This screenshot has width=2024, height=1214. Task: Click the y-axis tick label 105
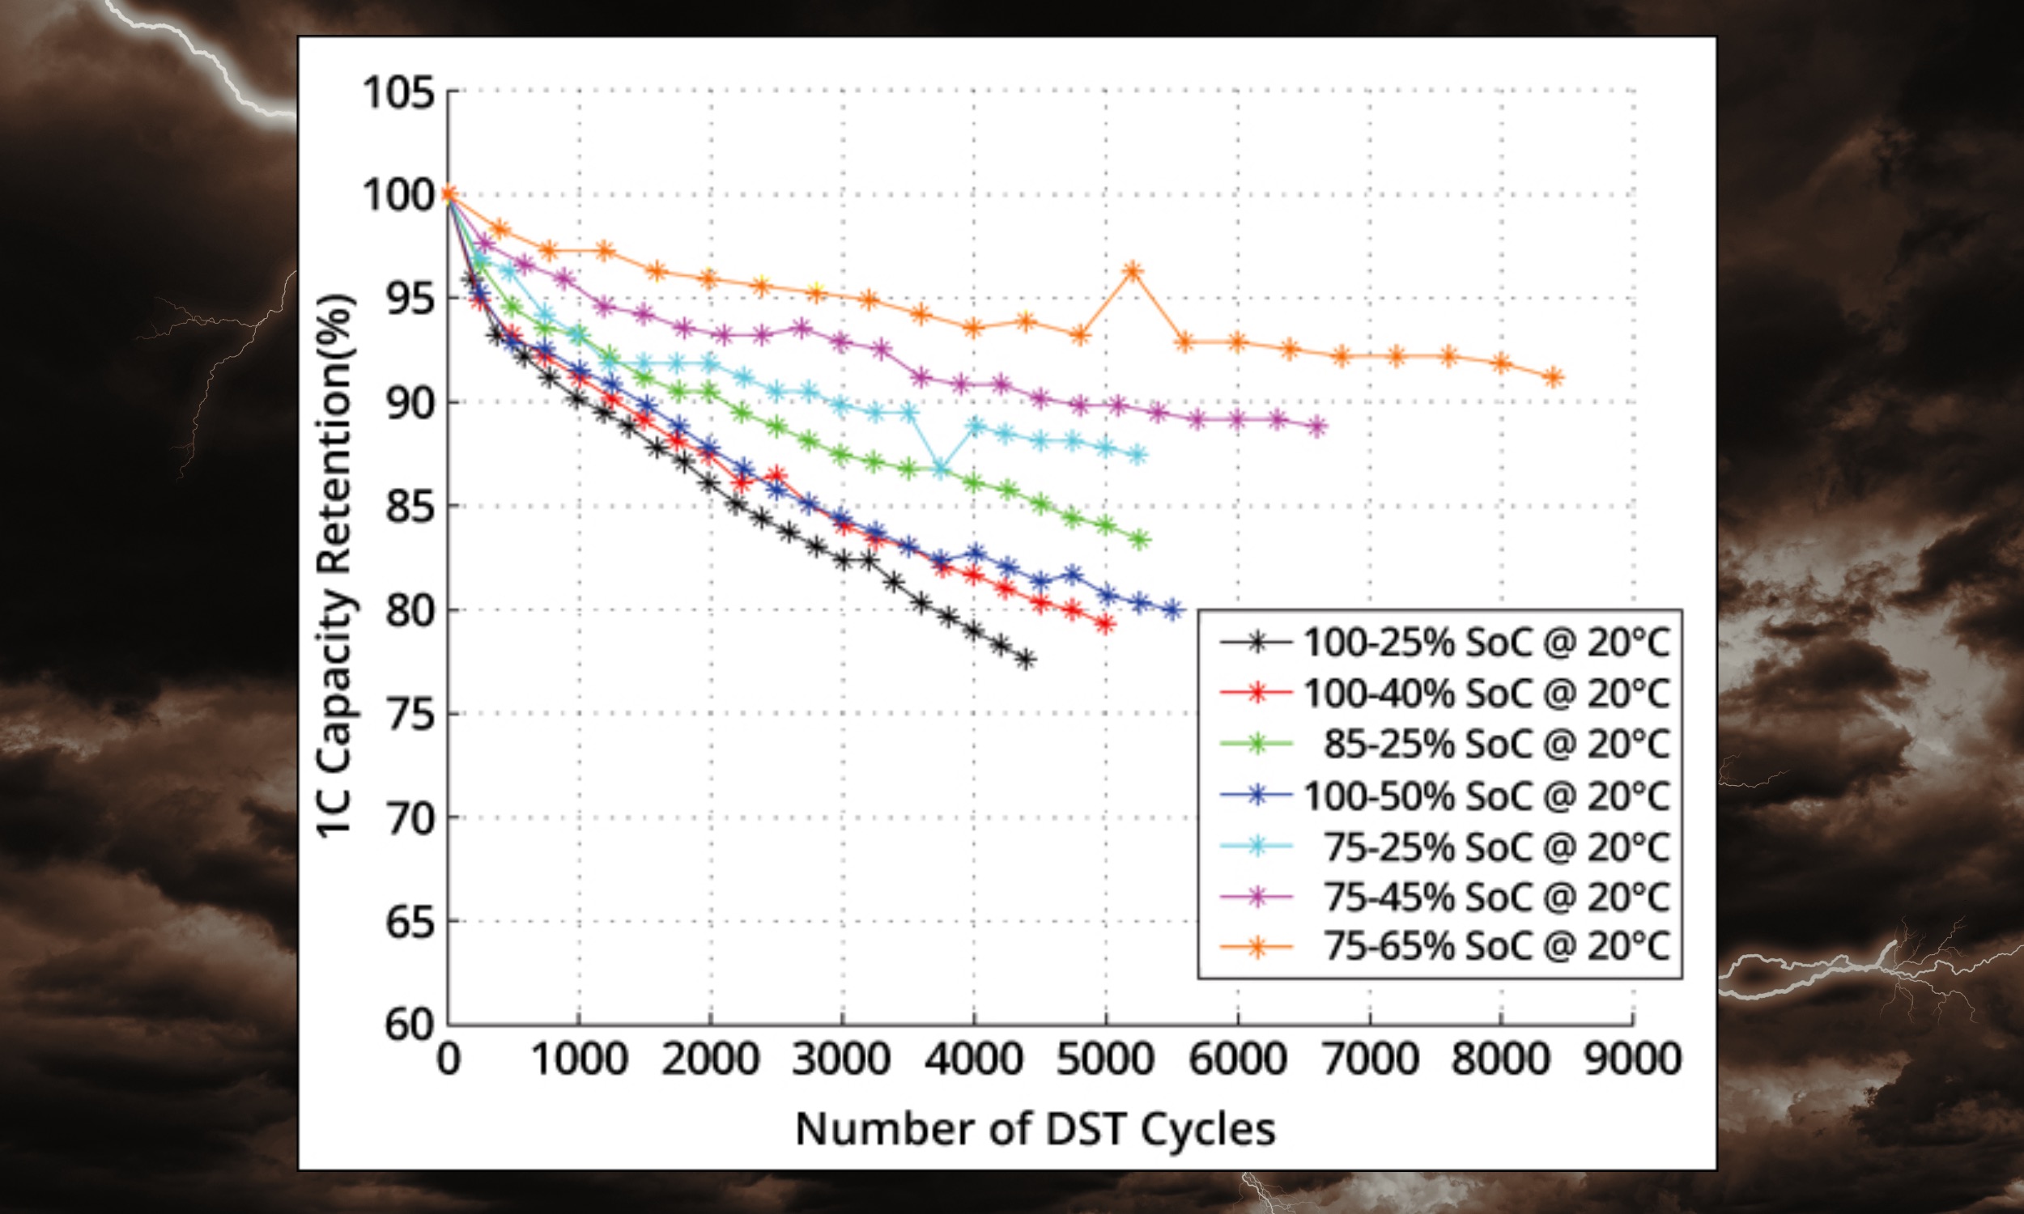coord(398,91)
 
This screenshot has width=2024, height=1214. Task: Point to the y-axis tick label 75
coord(410,713)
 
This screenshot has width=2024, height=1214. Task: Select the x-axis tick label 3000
coord(842,1059)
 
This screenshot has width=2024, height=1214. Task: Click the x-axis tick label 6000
coord(1237,1059)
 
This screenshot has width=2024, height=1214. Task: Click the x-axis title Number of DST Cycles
coord(1035,1129)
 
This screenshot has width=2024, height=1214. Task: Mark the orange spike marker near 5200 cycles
coord(1133,271)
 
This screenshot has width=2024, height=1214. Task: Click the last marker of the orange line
coord(1554,377)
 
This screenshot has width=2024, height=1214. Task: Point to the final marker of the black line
coord(1026,660)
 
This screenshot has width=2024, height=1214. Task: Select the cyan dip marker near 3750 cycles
coord(941,469)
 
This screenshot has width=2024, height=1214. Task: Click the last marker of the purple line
coord(1316,427)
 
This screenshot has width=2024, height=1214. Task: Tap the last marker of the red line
coord(1105,624)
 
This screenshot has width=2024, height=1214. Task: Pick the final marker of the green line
coord(1140,539)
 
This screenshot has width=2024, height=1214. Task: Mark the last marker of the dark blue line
coord(1172,609)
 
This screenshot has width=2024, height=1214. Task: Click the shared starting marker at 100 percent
coord(448,194)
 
